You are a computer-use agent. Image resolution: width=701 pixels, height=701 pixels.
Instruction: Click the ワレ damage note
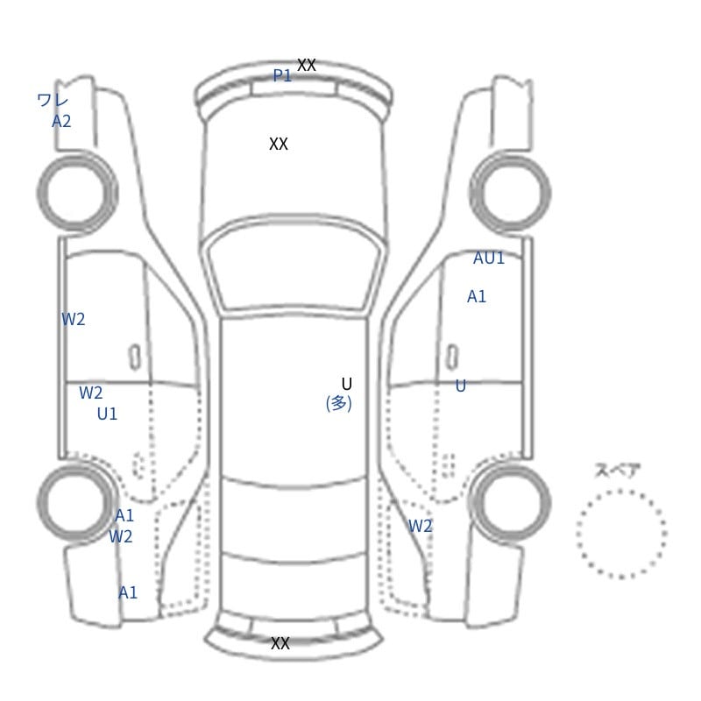point(53,100)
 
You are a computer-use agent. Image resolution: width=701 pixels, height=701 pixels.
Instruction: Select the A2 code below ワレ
point(61,121)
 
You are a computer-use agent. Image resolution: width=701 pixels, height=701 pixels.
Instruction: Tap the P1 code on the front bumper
point(282,75)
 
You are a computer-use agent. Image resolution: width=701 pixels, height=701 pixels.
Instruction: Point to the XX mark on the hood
point(279,144)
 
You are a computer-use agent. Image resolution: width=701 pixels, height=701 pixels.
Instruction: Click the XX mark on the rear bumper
point(280,643)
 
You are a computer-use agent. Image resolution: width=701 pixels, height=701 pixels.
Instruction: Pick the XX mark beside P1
point(307,65)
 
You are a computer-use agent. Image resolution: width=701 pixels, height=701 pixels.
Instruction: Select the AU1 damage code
point(489,258)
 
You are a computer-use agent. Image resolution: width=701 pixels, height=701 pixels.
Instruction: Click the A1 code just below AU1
point(477,296)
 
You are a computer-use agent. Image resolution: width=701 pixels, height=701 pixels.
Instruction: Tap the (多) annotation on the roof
point(339,403)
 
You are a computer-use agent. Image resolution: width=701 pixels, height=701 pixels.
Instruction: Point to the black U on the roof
point(346,384)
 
